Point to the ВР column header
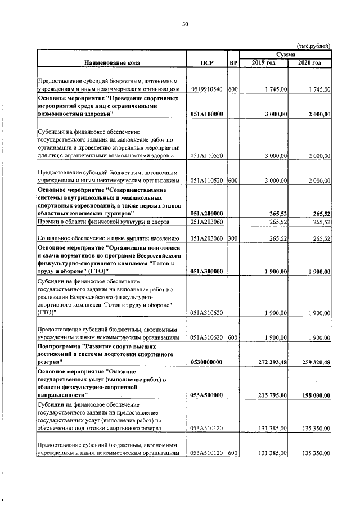tap(233, 62)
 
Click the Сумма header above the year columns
tap(286, 54)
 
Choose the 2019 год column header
tap(264, 62)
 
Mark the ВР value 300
tap(233, 238)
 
